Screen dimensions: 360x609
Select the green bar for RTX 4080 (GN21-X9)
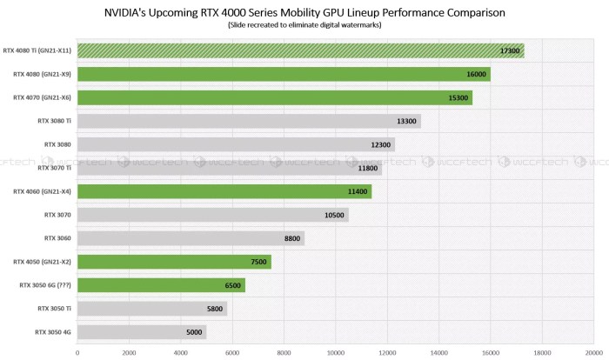[284, 74]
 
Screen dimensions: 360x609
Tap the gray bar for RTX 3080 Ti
[249, 121]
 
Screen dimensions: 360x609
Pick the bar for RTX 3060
[191, 237]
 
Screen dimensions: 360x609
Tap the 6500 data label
[232, 285]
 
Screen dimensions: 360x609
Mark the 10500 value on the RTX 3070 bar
[335, 215]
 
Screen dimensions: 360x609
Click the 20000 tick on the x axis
[593, 352]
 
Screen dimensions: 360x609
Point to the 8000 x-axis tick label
[284, 352]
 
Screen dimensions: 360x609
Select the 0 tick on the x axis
[77, 352]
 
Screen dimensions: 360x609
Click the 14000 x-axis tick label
[438, 352]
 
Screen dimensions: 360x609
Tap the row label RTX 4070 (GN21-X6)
[42, 97]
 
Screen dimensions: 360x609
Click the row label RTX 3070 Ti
[54, 168]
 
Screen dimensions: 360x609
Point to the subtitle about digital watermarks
[304, 26]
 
